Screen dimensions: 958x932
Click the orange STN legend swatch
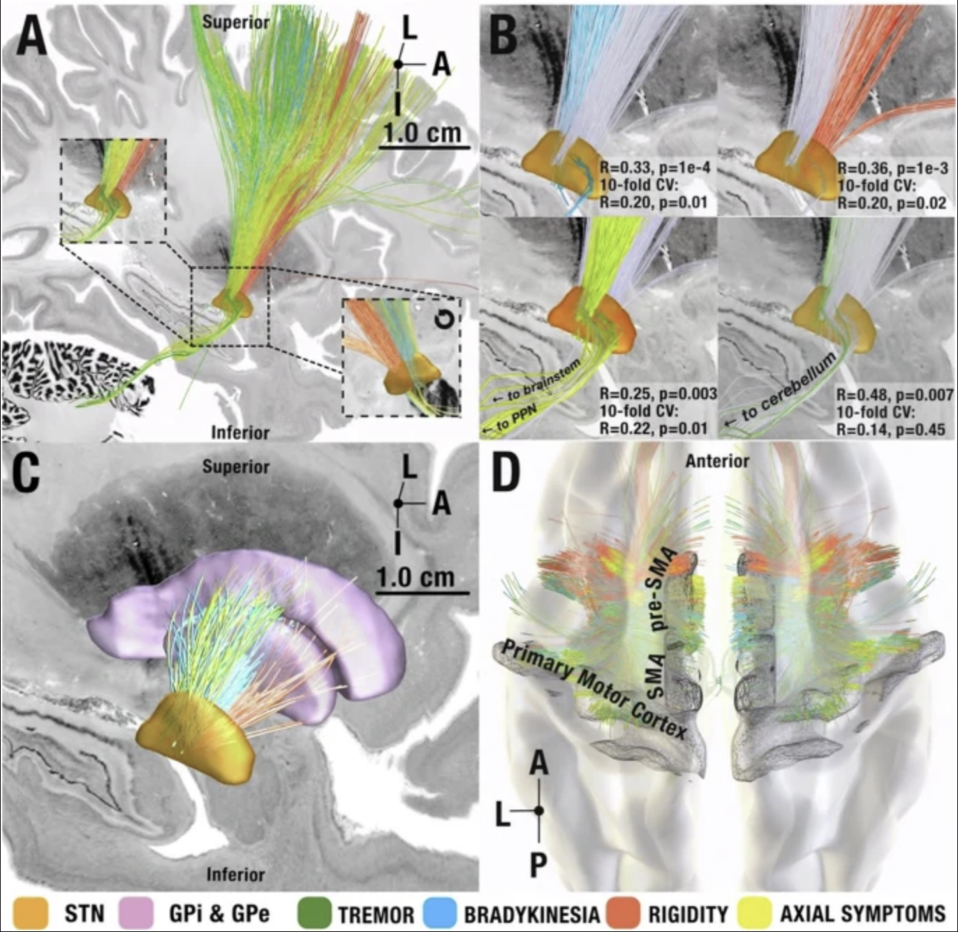(31, 913)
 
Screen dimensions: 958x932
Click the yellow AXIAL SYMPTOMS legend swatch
(757, 913)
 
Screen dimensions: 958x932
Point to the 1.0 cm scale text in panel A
(422, 132)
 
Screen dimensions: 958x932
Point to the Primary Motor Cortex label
(594, 690)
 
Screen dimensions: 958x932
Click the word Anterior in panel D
(717, 461)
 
